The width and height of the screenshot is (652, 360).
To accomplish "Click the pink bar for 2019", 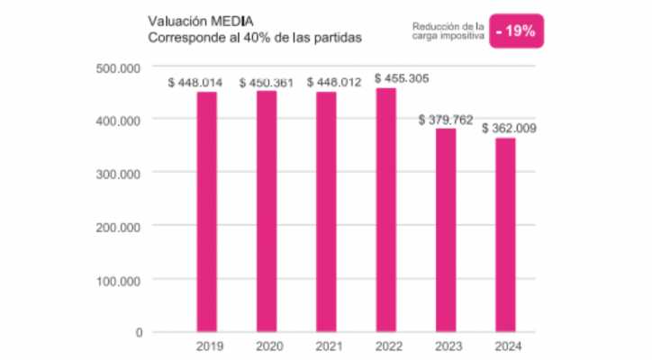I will [x=206, y=211].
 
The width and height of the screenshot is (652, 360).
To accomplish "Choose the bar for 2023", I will [x=446, y=229].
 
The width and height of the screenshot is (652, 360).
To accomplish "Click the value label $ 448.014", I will [x=195, y=83].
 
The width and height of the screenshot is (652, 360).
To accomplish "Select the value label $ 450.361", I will [x=267, y=83].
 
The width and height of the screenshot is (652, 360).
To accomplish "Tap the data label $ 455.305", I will [x=402, y=78].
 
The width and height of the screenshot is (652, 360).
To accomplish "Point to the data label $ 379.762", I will [x=448, y=120].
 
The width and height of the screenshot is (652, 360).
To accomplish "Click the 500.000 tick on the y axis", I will [x=120, y=67].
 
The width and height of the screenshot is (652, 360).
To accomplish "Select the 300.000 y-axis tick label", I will [x=120, y=174].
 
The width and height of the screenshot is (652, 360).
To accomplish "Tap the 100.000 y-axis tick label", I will [x=120, y=281].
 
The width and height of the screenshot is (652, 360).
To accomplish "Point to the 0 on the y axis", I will [x=139, y=333].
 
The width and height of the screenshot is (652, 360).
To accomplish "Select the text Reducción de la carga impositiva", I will [x=448, y=31].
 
